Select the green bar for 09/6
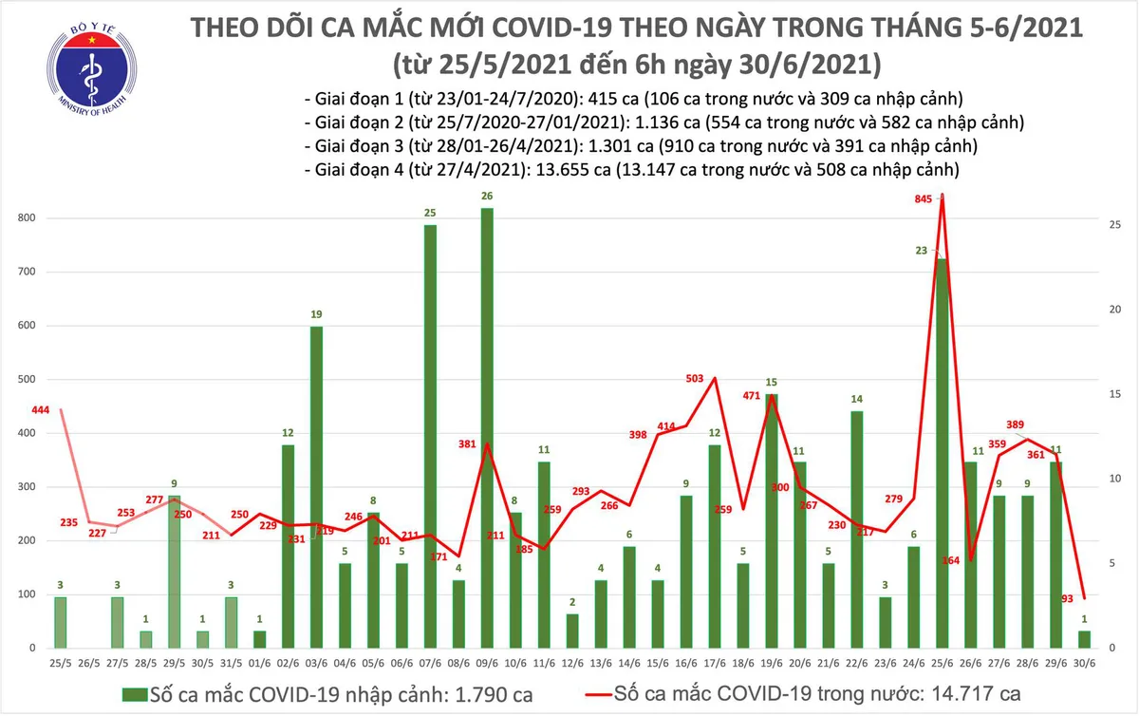487,427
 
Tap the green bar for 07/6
430,436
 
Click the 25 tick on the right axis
1116,225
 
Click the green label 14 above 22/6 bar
856,400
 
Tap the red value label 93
1067,598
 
